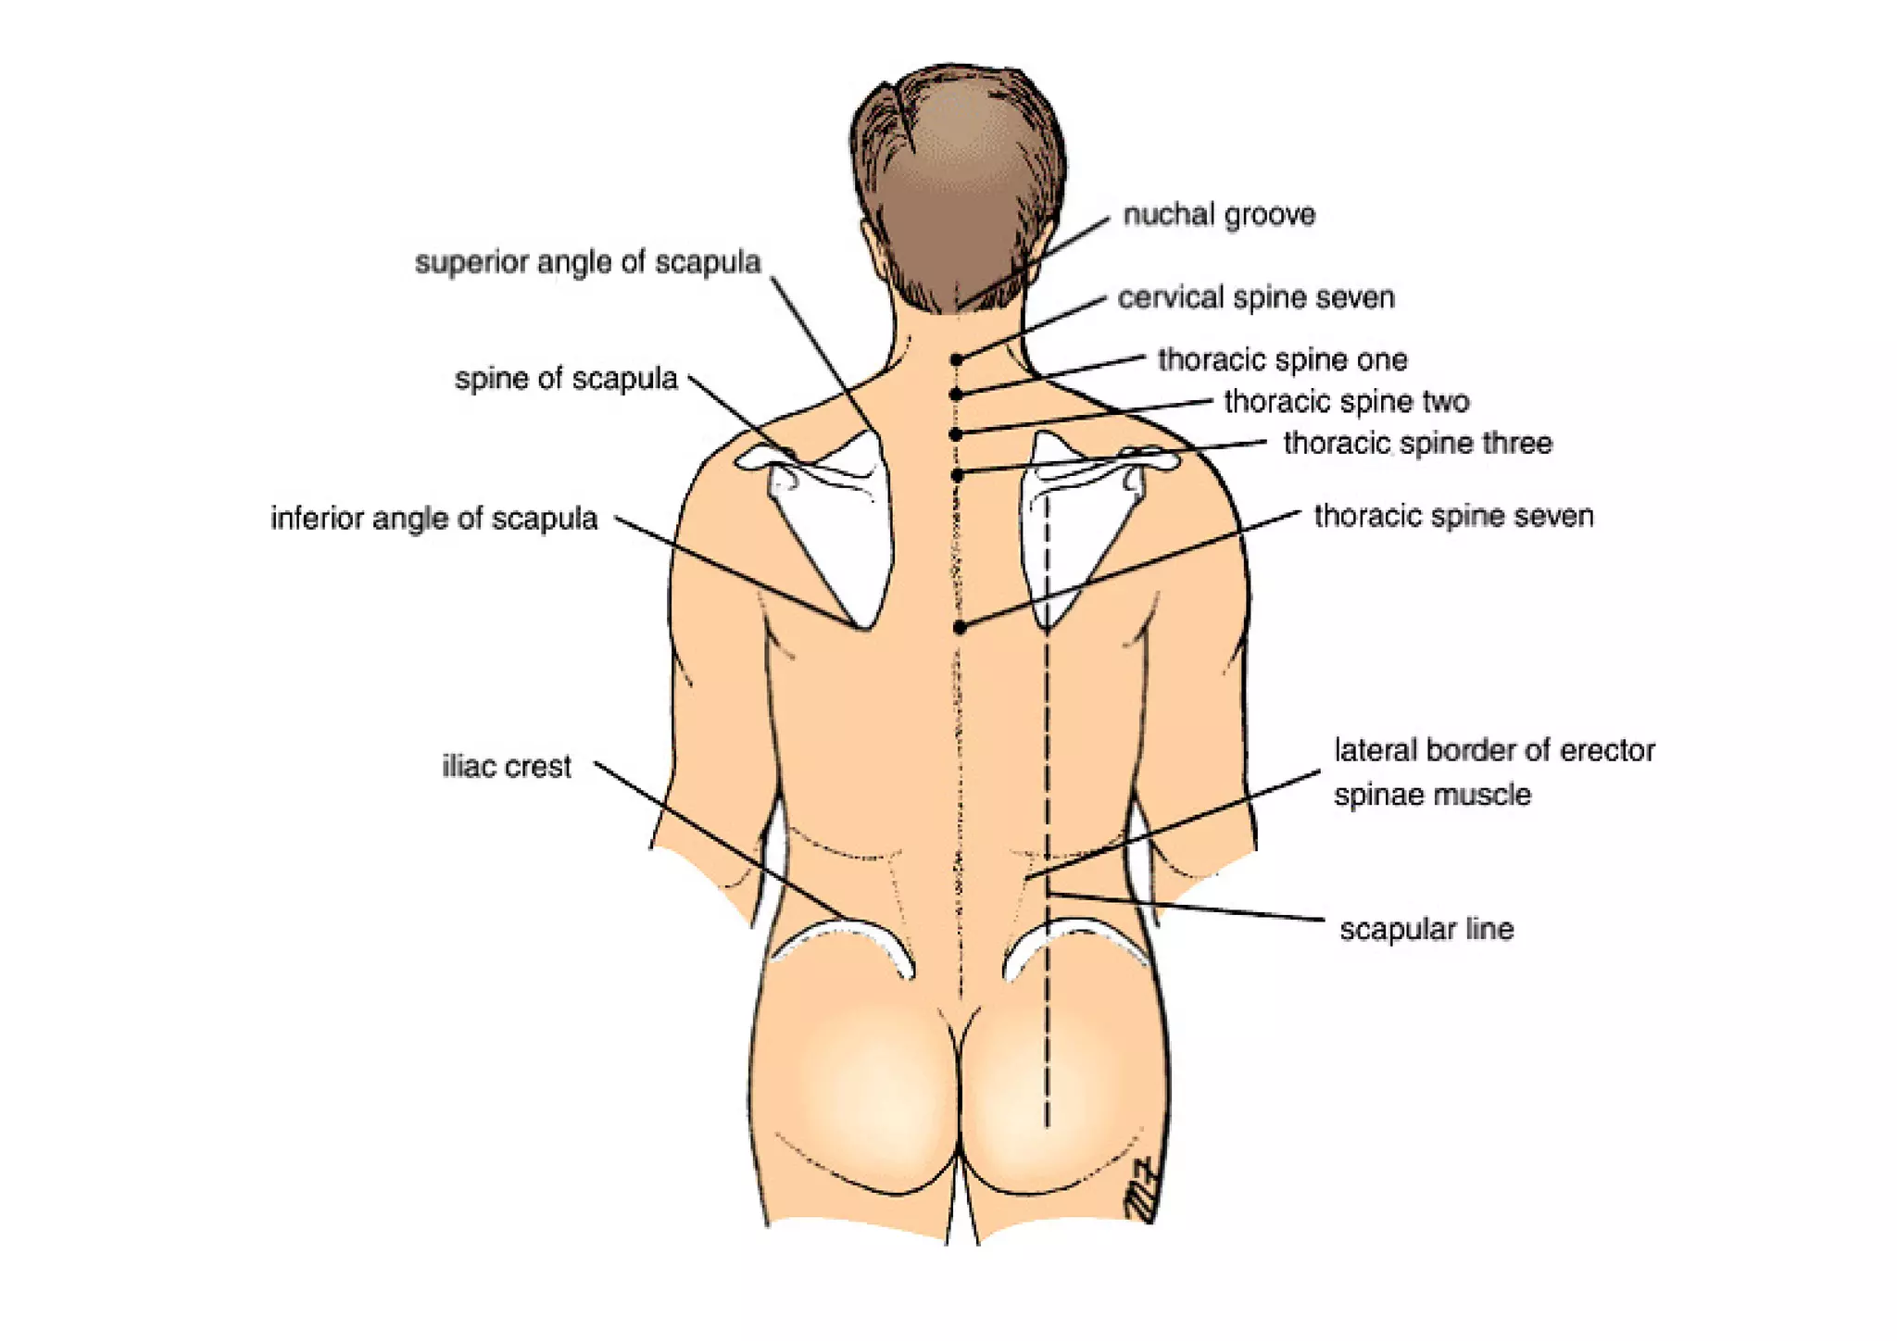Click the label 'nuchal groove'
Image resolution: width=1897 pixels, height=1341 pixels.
1219,215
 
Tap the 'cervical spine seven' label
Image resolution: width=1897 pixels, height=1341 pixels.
1256,298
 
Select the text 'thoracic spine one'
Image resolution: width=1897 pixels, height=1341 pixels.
1283,359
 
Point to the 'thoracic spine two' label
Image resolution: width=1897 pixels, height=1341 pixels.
1347,402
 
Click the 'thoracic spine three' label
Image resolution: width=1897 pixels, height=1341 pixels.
1417,444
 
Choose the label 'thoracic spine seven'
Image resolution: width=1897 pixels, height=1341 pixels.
1453,516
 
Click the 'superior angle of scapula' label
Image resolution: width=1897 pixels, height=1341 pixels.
587,262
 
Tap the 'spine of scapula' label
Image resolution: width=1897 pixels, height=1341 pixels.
566,379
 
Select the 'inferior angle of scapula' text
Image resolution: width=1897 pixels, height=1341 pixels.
433,519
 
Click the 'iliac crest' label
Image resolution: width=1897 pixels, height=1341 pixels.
507,767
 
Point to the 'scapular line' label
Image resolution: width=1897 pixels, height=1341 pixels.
1426,929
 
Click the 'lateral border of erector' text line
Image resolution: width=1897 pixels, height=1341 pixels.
1494,750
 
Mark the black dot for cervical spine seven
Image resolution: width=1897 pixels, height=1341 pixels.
957,359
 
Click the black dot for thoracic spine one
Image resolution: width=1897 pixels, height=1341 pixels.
957,395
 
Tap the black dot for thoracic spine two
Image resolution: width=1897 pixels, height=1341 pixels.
957,433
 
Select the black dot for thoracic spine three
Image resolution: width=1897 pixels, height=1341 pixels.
958,475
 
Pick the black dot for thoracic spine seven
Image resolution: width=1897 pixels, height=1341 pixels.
960,627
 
